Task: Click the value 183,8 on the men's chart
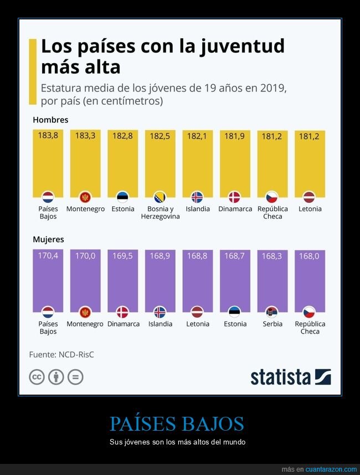click(48, 135)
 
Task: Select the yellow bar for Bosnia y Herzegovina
click(160, 166)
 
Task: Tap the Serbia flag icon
click(272, 311)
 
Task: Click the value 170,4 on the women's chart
click(48, 256)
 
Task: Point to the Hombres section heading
click(50, 120)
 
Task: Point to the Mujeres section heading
click(48, 239)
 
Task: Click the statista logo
click(290, 377)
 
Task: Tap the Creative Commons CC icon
click(37, 377)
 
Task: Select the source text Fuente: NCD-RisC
click(61, 354)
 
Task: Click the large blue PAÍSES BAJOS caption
click(177, 423)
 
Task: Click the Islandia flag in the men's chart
click(197, 197)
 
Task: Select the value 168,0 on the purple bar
click(310, 256)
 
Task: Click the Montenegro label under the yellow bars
click(85, 209)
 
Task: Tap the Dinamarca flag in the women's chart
click(123, 311)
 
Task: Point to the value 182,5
click(160, 135)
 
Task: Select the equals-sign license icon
click(75, 377)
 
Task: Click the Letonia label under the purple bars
click(198, 324)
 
